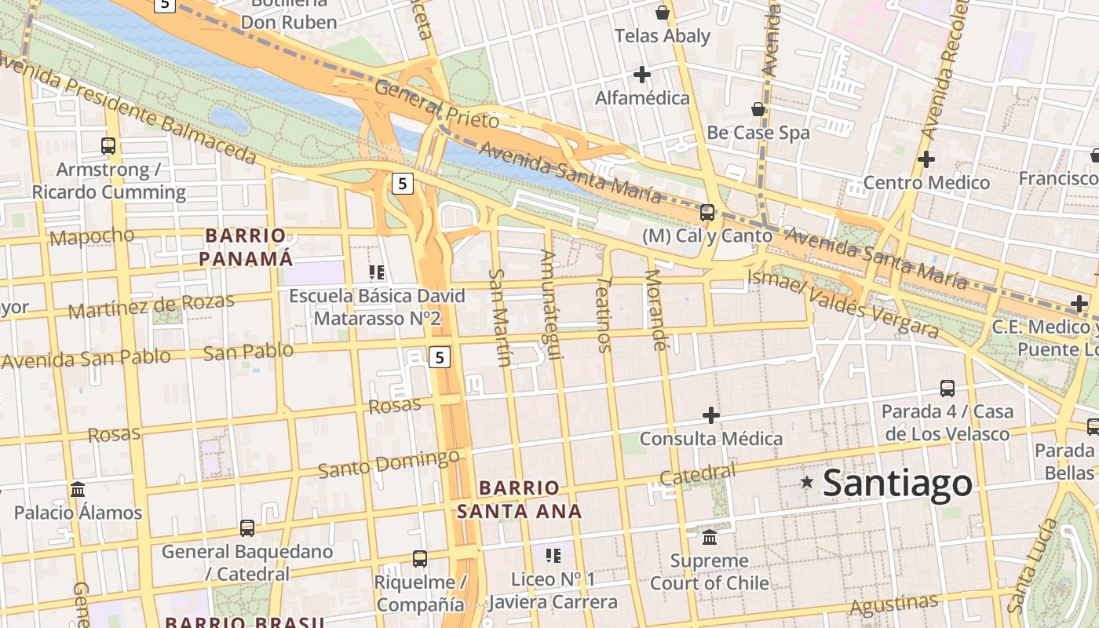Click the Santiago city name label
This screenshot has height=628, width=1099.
[897, 482]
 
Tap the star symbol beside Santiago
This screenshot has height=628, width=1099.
[807, 481]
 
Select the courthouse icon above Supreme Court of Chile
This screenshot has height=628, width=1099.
[710, 537]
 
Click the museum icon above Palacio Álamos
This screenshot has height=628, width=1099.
[78, 489]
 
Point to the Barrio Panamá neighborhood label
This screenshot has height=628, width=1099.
[245, 246]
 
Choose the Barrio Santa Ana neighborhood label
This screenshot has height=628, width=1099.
[519, 499]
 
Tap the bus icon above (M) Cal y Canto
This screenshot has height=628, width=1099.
[707, 212]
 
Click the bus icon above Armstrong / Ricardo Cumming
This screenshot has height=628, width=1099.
[108, 145]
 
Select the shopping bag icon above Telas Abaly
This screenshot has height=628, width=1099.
[663, 13]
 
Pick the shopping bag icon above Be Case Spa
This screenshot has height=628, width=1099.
[758, 108]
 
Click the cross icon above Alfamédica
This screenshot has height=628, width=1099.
[642, 75]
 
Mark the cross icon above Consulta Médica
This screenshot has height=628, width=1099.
[711, 414]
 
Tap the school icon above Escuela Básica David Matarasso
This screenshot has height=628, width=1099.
[377, 272]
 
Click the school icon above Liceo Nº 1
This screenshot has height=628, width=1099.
[553, 555]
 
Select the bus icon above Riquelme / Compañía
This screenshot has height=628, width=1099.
[420, 558]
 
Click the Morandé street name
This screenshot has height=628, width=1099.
[655, 309]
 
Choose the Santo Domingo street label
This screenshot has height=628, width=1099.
[389, 463]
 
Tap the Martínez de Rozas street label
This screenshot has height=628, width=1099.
[151, 305]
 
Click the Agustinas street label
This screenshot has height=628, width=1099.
[893, 604]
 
